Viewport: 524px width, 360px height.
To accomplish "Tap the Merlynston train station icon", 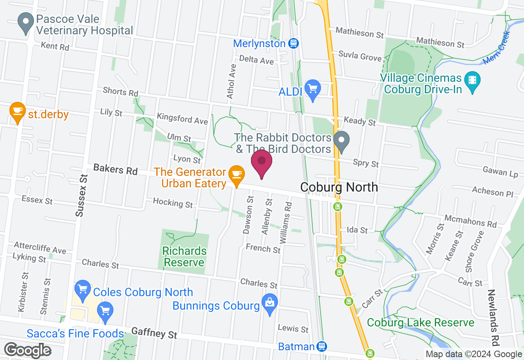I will [293, 43].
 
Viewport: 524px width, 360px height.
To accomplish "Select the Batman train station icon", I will [322, 346].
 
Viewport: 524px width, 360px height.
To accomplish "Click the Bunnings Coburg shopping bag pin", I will [270, 304].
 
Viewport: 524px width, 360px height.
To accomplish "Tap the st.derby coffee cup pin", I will [17, 112].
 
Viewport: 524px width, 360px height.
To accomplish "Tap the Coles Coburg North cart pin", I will [83, 290].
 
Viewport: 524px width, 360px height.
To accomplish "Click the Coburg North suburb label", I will [339, 187].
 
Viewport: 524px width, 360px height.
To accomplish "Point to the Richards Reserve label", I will [184, 256].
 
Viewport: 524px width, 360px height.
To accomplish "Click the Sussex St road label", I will [82, 195].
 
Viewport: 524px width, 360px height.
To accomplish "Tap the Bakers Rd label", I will [115, 169].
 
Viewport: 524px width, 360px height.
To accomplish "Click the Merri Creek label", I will [497, 47].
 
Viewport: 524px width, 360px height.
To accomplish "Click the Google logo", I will [27, 350].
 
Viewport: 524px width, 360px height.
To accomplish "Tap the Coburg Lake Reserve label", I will [420, 322].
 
